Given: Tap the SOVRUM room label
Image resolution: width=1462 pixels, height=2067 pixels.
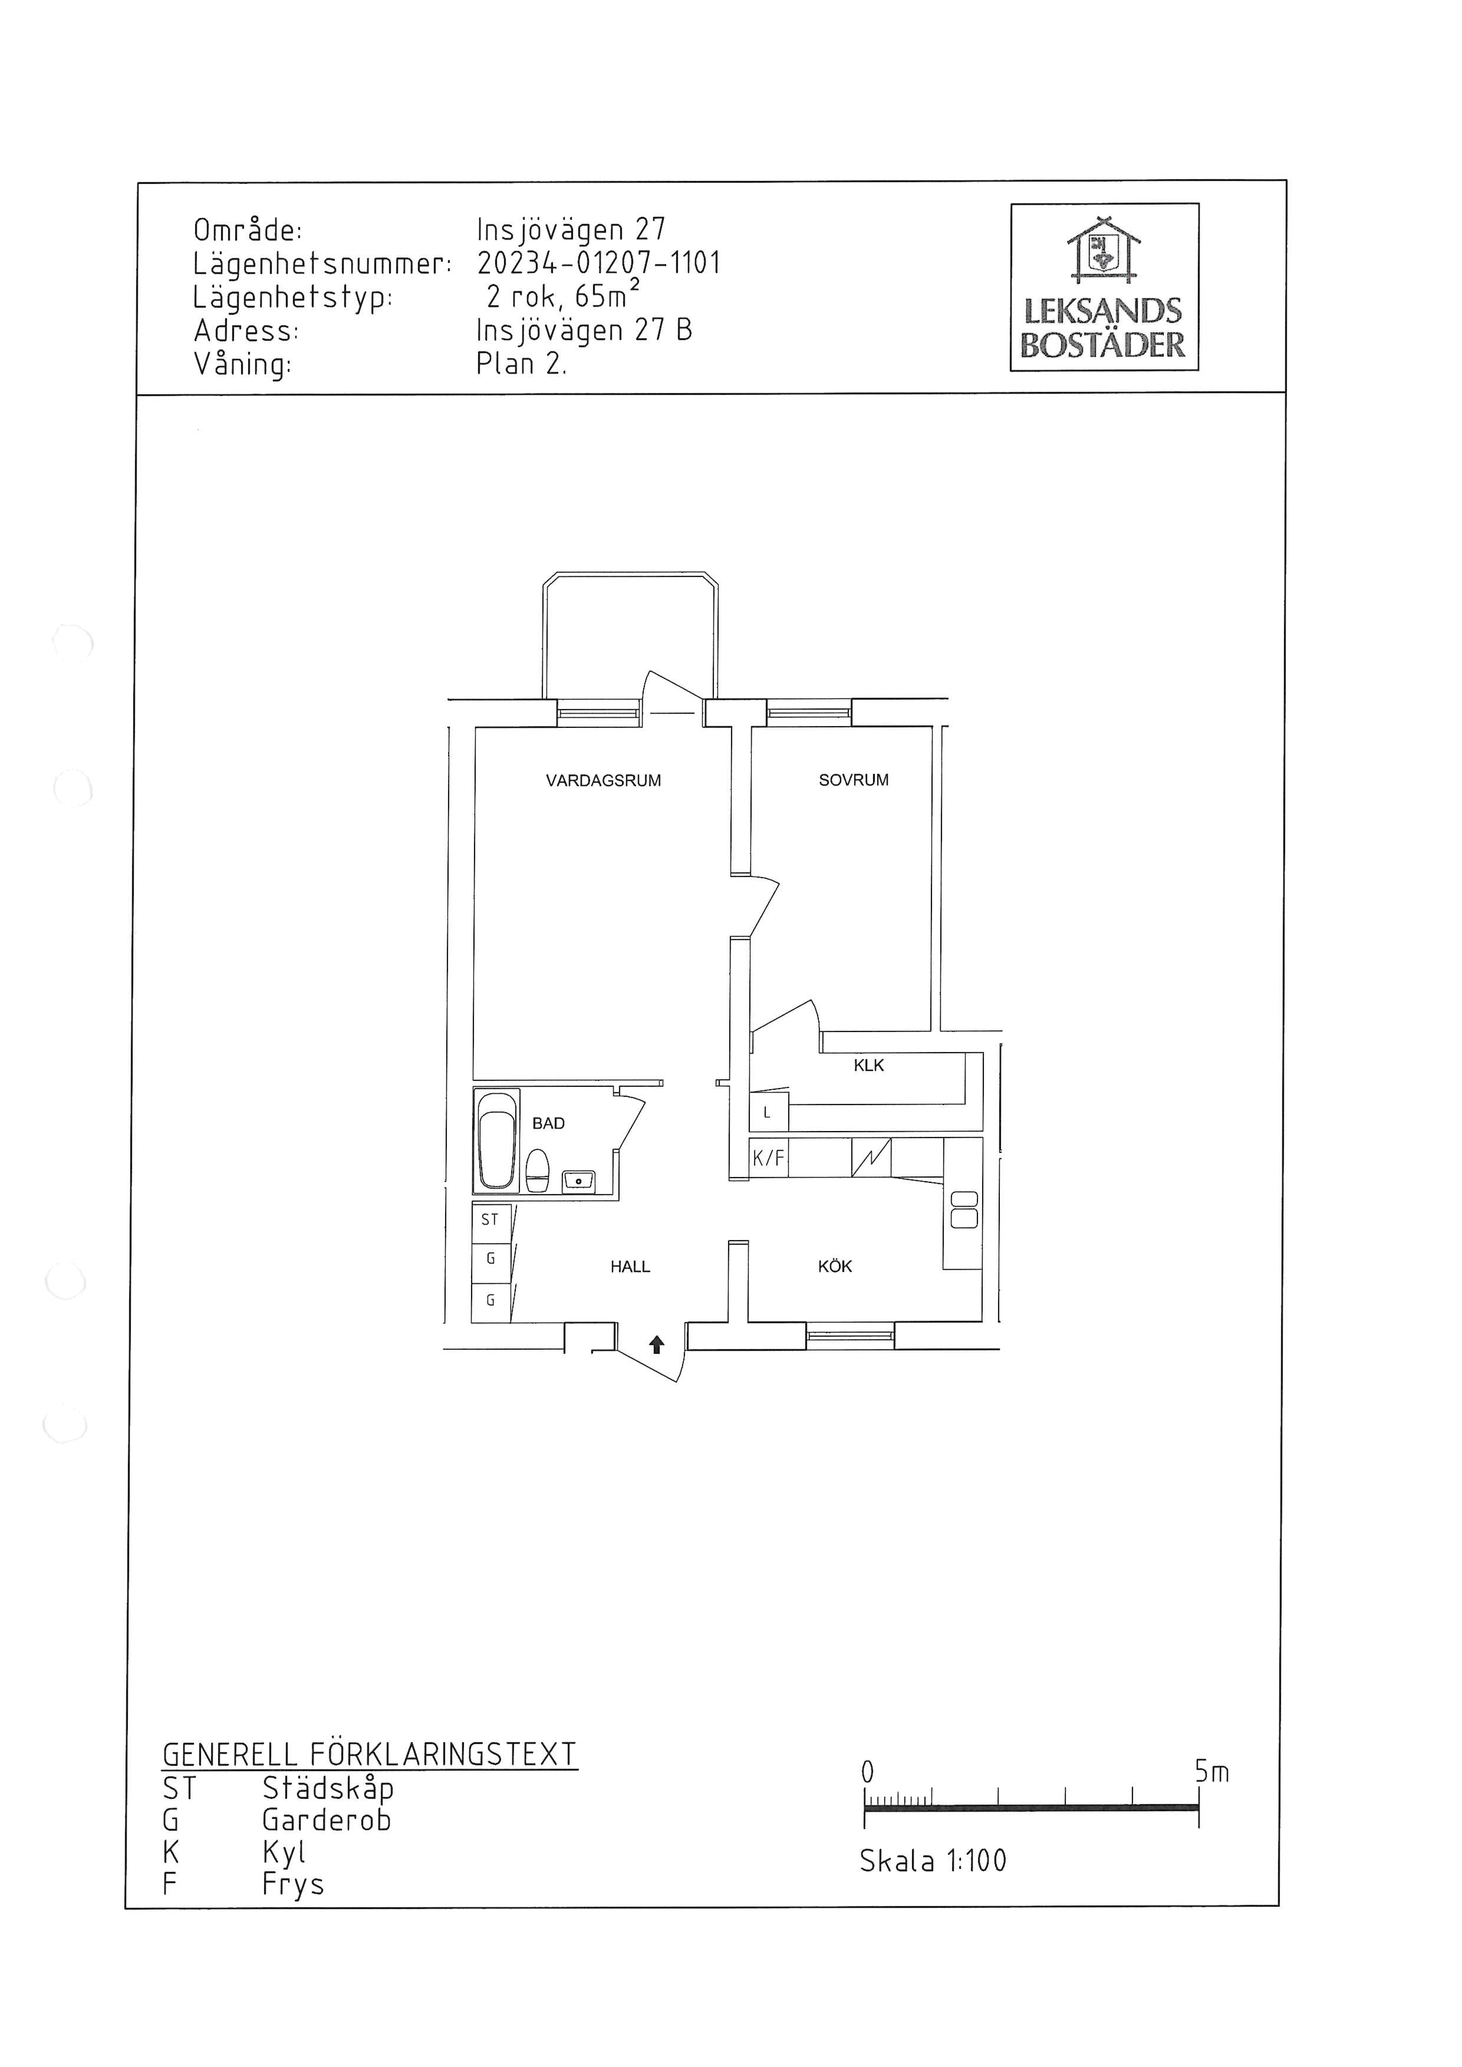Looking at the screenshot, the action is (854, 780).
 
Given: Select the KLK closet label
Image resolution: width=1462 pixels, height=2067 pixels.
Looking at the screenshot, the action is (869, 1065).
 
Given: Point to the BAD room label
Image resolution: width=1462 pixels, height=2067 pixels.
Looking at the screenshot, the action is (548, 1123).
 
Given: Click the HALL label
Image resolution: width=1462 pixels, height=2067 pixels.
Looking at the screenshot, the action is (630, 1267).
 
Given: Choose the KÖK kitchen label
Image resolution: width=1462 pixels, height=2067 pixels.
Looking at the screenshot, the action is (835, 1266).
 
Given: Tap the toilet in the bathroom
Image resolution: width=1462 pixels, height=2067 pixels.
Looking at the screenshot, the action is (538, 1171).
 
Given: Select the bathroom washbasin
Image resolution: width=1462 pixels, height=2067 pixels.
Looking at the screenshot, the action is (577, 1180).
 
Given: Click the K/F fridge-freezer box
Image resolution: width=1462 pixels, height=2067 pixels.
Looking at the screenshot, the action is (769, 1159).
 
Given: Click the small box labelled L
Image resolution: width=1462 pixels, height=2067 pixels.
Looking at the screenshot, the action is (769, 1112).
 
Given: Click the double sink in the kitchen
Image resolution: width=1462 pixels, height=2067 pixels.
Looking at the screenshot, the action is (964, 1209).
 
